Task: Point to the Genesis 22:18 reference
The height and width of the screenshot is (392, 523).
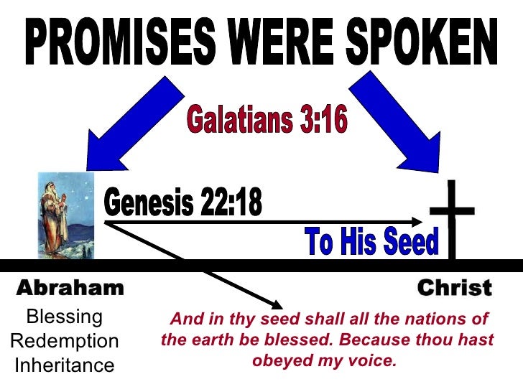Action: pyautogui.click(x=183, y=205)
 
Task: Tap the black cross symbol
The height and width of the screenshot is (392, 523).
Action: pyautogui.click(x=452, y=215)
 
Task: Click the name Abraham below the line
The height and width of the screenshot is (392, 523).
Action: pyautogui.click(x=70, y=289)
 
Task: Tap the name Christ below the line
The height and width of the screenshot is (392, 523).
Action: pyautogui.click(x=455, y=289)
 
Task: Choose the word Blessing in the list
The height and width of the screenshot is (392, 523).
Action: pyautogui.click(x=64, y=317)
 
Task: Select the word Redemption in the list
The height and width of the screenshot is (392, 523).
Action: pyautogui.click(x=64, y=341)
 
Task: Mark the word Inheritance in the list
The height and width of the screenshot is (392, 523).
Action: pyautogui.click(x=64, y=365)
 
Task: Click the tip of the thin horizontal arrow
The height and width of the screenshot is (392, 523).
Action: pyautogui.click(x=423, y=221)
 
